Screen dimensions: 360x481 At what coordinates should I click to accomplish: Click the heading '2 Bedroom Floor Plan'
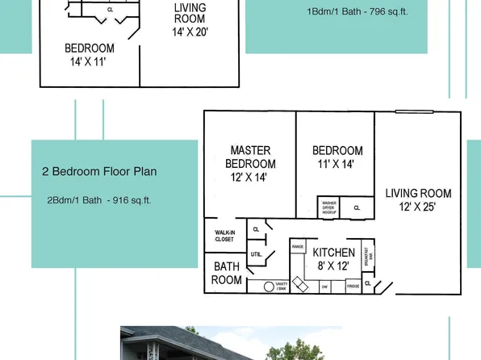(x=99, y=171)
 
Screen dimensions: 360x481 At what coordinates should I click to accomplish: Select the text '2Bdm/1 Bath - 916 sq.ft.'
(x=99, y=200)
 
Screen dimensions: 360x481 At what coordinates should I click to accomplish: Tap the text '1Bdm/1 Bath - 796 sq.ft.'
(x=358, y=11)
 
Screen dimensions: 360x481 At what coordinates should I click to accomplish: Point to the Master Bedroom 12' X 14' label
(x=250, y=163)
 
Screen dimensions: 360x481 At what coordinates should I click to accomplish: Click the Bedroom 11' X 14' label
(x=337, y=157)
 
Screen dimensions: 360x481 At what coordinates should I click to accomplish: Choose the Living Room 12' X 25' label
(x=418, y=200)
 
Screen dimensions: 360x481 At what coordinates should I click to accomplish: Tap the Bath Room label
(x=227, y=274)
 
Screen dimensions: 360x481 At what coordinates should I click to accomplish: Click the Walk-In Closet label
(x=224, y=236)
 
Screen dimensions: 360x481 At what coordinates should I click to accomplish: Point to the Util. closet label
(x=256, y=254)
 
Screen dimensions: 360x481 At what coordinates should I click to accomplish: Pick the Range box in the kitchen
(x=298, y=246)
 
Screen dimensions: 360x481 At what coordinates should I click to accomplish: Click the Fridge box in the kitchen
(x=353, y=286)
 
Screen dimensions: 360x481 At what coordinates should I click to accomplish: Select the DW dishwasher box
(x=325, y=286)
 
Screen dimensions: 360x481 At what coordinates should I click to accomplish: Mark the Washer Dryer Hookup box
(x=329, y=207)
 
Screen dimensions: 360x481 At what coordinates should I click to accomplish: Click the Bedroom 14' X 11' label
(x=90, y=55)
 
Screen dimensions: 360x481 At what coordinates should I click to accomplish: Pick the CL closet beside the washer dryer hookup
(x=357, y=207)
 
